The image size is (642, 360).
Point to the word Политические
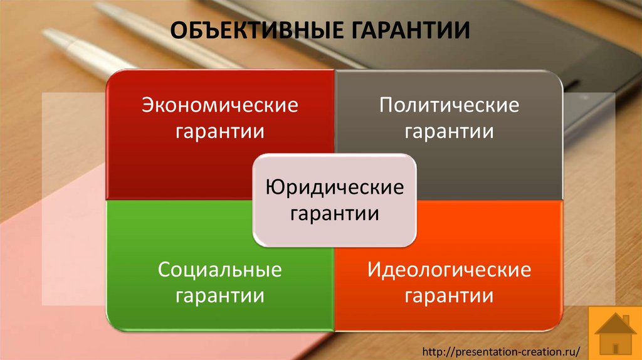click(x=449, y=105)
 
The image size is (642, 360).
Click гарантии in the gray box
click(x=449, y=132)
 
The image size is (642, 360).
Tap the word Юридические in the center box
click(x=334, y=187)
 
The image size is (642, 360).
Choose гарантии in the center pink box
click(x=334, y=213)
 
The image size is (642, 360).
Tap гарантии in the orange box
click(x=449, y=296)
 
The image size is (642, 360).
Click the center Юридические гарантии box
click(x=334, y=200)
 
